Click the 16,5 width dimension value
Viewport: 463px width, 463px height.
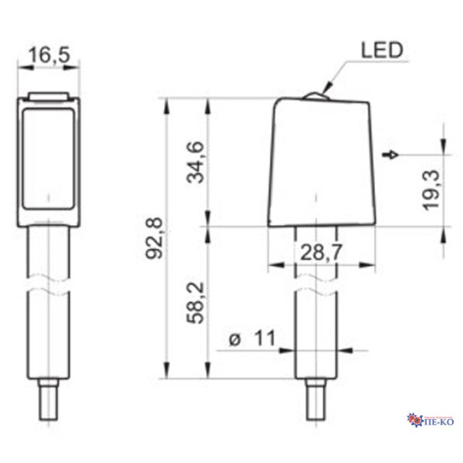(x=49, y=55)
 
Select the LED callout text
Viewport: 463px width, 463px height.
(x=382, y=50)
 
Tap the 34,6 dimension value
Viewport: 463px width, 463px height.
(x=195, y=162)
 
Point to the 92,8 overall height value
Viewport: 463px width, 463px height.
(x=154, y=238)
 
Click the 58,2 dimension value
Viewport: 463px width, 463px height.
(x=195, y=303)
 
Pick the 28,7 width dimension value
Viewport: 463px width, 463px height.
(x=321, y=252)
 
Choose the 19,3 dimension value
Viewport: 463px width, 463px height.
(x=431, y=190)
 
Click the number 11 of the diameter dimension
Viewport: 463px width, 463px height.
(x=265, y=338)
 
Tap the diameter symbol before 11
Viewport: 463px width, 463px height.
(x=235, y=340)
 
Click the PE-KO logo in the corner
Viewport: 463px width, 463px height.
(x=430, y=420)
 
